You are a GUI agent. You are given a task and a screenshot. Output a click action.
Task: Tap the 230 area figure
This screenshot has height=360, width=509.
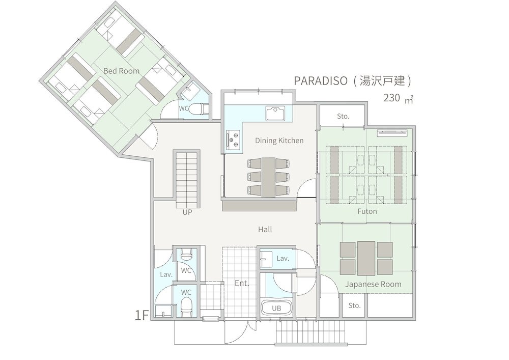pos(391,98)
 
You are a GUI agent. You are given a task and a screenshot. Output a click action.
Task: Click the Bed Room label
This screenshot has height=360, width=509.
pos(121,71)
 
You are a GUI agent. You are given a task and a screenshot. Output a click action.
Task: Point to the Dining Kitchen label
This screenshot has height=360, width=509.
pos(279,141)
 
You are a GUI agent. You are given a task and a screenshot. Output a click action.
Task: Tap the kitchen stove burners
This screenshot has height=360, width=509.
pos(234,139)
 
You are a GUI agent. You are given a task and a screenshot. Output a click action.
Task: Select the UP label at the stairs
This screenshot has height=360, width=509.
pos(187,212)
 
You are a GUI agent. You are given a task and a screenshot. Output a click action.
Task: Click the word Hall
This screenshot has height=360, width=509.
pos(265,230)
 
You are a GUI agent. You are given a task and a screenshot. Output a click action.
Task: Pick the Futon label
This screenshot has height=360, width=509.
pos(366,211)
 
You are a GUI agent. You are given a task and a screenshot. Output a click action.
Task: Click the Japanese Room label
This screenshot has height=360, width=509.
pos(373,284)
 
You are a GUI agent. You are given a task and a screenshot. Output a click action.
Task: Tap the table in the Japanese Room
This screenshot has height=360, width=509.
pos(366,258)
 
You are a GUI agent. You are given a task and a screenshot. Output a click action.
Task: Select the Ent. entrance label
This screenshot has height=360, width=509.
pos(242,283)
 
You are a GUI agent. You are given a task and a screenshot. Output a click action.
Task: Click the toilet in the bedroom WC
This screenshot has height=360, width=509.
pos(202,108)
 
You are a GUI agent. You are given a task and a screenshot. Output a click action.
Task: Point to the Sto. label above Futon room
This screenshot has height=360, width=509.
pos(343,116)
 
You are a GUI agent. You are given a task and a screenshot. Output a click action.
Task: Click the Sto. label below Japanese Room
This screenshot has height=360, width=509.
pos(354,306)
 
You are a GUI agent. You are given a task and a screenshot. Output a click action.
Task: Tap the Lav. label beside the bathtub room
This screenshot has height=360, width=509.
pos(283,259)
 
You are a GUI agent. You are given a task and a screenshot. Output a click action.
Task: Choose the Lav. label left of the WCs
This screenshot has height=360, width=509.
pos(166,274)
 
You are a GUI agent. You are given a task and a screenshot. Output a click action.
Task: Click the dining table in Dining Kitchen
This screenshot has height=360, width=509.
pos(268,177)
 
